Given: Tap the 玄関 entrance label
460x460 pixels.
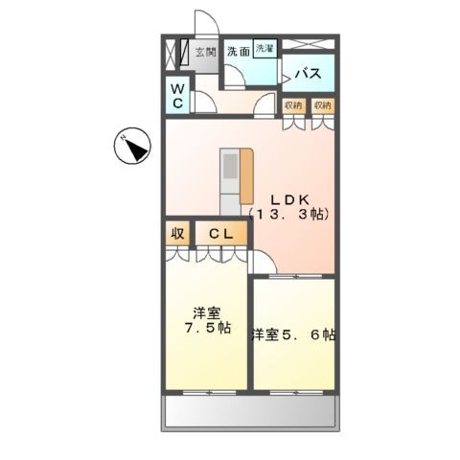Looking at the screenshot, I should coord(205,53).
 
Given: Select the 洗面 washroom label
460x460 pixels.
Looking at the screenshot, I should coord(239,53).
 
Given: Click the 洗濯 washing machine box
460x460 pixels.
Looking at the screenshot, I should coord(264,48).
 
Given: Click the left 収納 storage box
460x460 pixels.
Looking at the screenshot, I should coord(293,105).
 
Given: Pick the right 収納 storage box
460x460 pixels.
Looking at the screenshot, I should coord(323,105).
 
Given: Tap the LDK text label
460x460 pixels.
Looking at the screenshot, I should coord(287,199).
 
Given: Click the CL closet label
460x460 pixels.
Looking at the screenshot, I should coord(220,233).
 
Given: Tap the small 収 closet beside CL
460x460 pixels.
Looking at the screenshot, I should coord(177,233).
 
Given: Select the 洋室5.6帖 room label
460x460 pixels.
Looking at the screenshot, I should coord(293,334).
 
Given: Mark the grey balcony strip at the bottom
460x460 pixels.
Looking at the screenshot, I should coord(251,413).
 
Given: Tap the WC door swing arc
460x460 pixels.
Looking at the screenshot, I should coord(203,103).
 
